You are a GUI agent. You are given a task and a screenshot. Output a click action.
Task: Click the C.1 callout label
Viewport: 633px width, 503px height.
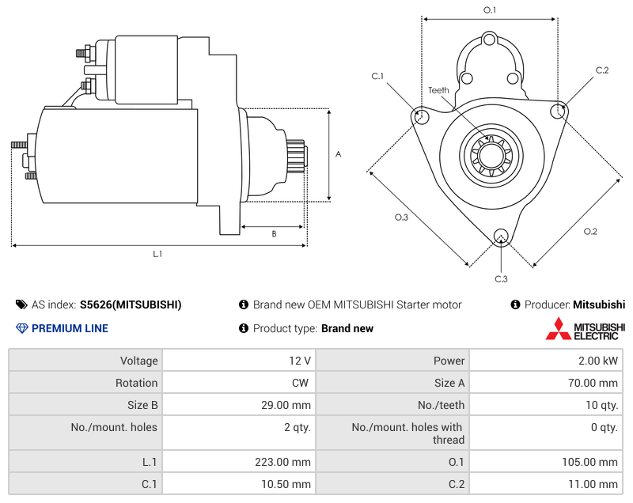click(377, 76)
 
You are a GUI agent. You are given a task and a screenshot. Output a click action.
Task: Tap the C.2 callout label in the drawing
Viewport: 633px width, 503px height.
click(602, 70)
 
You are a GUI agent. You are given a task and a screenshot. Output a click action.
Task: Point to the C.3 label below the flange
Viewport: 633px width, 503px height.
click(501, 279)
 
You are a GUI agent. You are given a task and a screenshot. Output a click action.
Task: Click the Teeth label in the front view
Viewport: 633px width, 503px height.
click(438, 90)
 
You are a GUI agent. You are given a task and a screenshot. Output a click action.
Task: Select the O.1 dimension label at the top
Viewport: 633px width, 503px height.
click(490, 9)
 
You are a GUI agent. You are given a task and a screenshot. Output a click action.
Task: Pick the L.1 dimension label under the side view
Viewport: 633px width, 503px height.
click(157, 254)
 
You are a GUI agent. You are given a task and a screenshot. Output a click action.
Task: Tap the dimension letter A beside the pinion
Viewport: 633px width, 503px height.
click(338, 154)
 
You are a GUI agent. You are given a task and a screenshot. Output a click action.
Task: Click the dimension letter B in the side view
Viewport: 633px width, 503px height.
click(274, 233)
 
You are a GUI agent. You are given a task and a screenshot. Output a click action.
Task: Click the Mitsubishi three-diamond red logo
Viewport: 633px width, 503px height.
click(558, 328)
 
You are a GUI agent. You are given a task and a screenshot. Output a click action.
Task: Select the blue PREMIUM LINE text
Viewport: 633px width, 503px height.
click(70, 328)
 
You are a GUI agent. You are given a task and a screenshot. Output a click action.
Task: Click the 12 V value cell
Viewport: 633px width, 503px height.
click(300, 361)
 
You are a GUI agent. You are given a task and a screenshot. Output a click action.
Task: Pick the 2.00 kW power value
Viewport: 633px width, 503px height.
click(601, 361)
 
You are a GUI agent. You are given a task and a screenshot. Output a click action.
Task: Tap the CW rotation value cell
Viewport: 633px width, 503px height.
click(302, 383)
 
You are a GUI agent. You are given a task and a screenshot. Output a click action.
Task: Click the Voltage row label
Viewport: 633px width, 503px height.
click(138, 361)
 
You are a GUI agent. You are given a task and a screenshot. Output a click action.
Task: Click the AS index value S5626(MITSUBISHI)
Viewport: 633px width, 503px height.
click(131, 304)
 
